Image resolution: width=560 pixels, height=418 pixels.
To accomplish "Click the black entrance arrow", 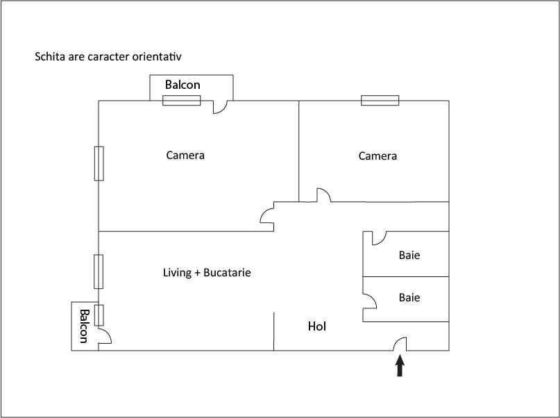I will [x=400, y=366].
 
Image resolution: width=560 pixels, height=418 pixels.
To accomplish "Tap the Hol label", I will [x=317, y=326].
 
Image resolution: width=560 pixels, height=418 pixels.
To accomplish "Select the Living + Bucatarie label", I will [x=207, y=273].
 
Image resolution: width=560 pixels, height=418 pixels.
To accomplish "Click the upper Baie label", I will [x=409, y=255].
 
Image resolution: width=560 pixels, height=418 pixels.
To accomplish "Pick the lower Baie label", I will [x=409, y=297].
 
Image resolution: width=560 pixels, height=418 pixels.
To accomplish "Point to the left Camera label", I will [x=185, y=155].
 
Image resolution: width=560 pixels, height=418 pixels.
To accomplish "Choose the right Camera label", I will [x=377, y=156].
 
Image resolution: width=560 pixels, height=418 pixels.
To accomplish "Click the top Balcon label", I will [x=183, y=85].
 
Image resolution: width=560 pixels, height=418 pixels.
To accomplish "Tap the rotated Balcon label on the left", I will [x=83, y=326].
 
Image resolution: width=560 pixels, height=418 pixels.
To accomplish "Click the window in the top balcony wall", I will [x=182, y=101].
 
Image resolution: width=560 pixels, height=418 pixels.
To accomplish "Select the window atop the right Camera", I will [x=380, y=101].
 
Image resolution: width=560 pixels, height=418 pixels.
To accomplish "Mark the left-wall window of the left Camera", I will [x=99, y=163].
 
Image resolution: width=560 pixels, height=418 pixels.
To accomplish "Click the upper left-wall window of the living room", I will [x=99, y=271].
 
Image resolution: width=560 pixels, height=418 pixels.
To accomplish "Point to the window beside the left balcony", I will [x=99, y=315].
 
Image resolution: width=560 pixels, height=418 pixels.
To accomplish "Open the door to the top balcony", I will [x=220, y=107].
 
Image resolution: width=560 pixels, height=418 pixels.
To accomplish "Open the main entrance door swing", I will [x=400, y=343].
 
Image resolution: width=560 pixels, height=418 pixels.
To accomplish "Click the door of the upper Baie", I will [x=378, y=238].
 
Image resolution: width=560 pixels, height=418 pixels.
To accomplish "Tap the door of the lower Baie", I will [x=370, y=299].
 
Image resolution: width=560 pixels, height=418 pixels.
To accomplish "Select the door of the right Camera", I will [x=323, y=195].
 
